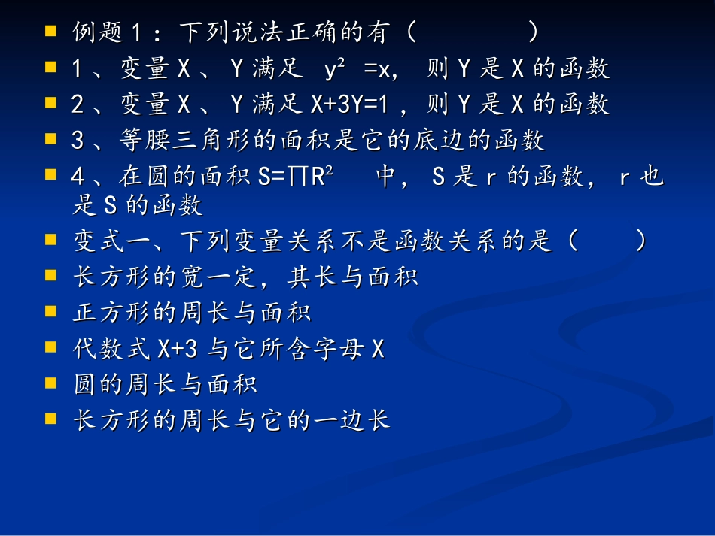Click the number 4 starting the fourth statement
(78, 177)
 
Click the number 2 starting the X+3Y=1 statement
(78, 104)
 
